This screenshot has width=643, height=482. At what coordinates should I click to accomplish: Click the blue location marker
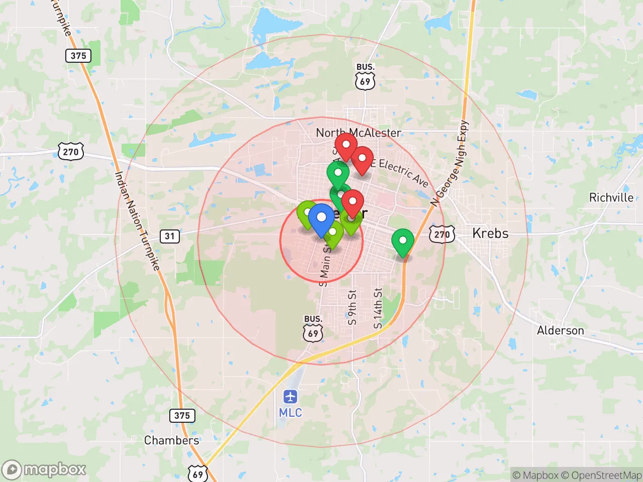point(321,219)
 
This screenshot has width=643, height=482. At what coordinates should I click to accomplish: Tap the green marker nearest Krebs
point(402,242)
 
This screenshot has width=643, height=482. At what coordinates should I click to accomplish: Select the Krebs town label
point(490,233)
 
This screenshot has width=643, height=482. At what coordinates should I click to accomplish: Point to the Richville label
point(611,197)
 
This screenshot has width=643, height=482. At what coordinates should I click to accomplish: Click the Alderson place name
point(560,330)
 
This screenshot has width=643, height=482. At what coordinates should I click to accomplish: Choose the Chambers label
point(171,440)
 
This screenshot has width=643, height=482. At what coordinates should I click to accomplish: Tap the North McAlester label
point(358,133)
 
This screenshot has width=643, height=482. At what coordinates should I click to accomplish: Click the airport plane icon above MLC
point(290,397)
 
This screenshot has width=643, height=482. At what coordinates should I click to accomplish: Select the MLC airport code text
point(290,413)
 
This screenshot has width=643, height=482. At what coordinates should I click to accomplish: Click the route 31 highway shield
point(170,236)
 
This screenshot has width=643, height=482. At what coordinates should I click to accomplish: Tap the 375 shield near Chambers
point(182,415)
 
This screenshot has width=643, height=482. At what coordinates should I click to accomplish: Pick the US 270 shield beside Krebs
point(442,234)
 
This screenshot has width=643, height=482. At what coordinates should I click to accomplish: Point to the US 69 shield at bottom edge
point(198,474)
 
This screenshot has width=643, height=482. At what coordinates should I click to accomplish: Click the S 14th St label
point(378,308)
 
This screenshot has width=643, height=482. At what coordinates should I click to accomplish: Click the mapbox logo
point(44,469)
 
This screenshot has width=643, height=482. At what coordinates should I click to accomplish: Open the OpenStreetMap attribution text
point(601,475)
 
